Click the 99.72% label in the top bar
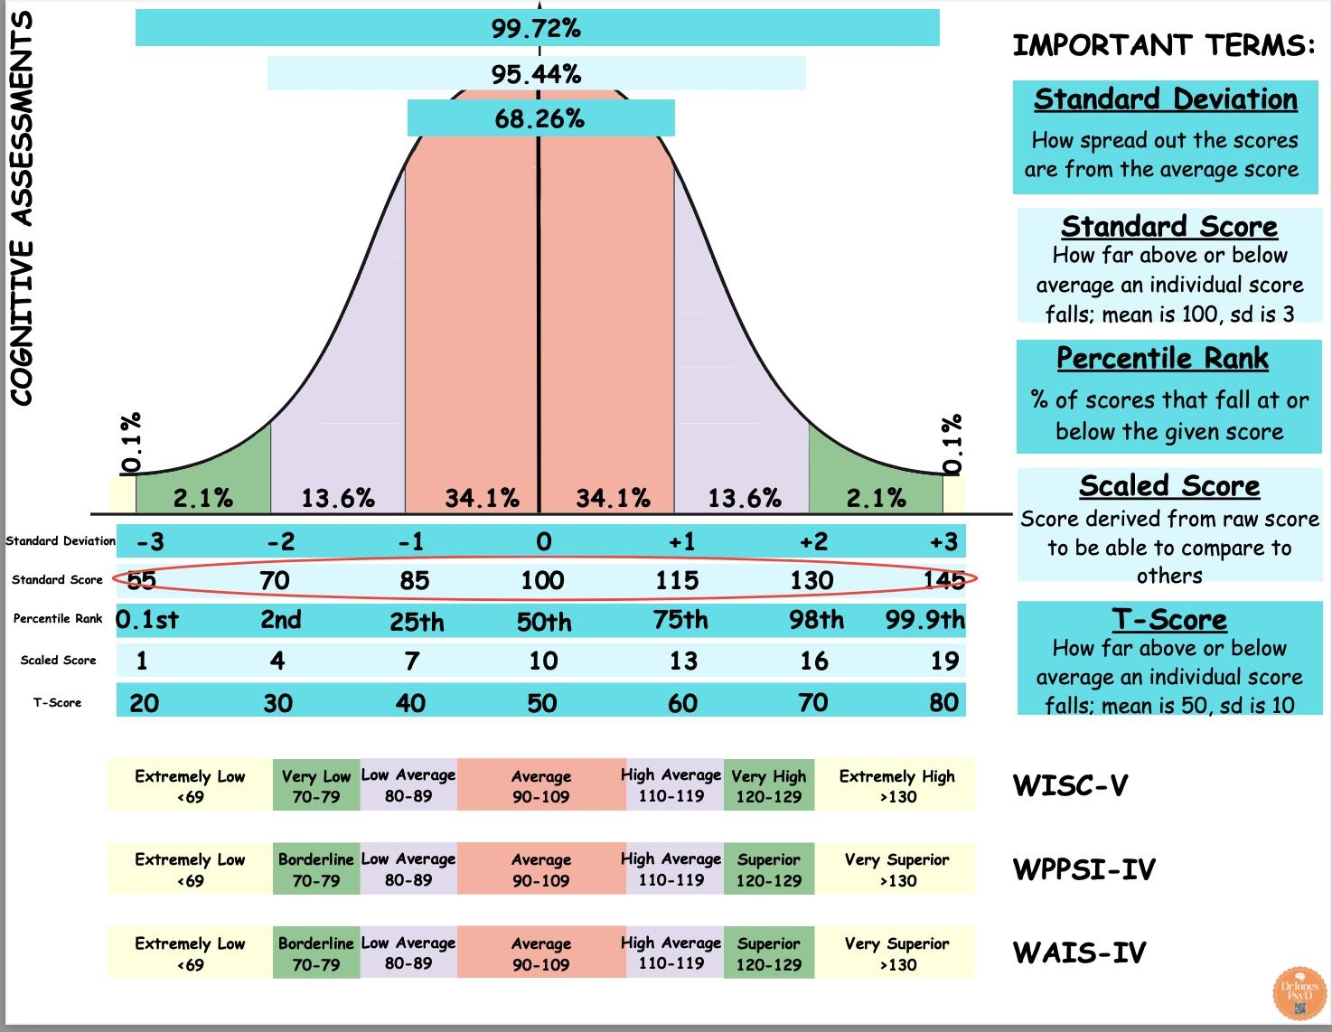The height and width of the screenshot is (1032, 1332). [537, 28]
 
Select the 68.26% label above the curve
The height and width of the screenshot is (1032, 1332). [539, 118]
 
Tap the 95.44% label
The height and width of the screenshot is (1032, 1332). [536, 74]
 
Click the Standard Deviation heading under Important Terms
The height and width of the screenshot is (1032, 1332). [1166, 99]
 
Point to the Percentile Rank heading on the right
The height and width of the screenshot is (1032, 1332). [1163, 359]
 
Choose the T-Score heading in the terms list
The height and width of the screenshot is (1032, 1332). [1169, 620]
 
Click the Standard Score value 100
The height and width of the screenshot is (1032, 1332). [542, 580]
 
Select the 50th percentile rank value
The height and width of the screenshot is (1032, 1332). [544, 622]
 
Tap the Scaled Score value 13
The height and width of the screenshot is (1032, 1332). [683, 661]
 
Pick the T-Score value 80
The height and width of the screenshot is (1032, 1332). [943, 703]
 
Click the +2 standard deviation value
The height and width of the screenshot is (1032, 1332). [813, 542]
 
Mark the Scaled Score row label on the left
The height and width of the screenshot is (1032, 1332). [58, 661]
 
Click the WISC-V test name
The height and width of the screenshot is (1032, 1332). [1071, 785]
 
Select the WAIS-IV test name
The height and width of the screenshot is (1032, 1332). [1080, 952]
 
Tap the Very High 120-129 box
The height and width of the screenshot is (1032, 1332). [769, 785]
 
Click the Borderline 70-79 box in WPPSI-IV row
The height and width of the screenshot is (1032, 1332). [316, 869]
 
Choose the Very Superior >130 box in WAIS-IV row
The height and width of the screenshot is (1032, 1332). [896, 953]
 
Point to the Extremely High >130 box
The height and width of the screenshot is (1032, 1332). [896, 785]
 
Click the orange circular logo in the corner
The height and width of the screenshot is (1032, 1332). [1299, 995]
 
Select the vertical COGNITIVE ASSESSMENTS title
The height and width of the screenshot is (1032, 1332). [22, 208]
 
